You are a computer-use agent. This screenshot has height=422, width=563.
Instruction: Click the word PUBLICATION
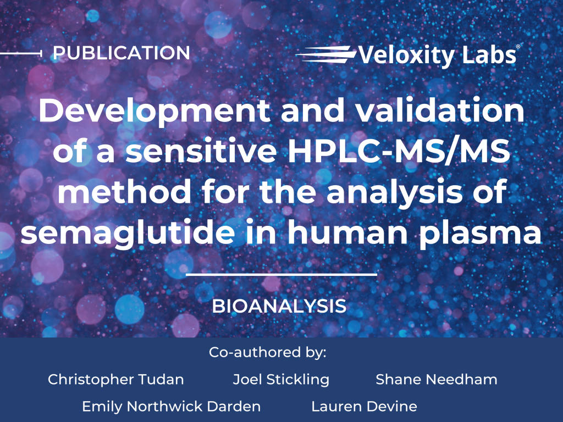coord(122,53)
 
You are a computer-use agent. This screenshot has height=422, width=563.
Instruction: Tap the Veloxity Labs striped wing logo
coord(325,54)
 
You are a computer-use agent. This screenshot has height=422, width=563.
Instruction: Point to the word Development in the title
coord(154,112)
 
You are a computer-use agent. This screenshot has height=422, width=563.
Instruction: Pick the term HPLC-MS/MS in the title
coord(399,151)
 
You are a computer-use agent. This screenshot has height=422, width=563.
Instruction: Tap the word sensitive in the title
coord(201,151)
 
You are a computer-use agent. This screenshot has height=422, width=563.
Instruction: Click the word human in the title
coord(347,232)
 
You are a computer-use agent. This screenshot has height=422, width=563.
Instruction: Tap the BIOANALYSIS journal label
coord(279,306)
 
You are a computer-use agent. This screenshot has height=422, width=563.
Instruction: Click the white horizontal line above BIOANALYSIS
coord(281,275)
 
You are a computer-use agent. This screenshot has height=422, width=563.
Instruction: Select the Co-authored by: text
coord(268,352)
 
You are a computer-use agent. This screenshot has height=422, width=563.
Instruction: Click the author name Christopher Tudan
coord(115,380)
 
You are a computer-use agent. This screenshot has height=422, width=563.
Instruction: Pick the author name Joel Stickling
coord(281,380)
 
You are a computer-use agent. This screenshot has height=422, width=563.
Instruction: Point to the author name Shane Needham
coord(436,379)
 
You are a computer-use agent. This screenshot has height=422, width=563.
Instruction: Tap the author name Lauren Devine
coord(364,407)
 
